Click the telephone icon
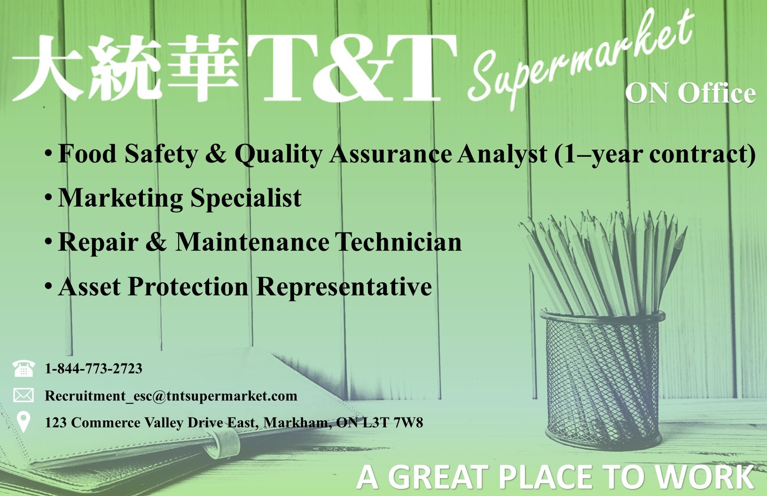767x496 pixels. (23, 368)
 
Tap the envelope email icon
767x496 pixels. (23, 395)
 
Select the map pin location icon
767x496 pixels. (23, 422)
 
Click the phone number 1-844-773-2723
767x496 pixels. (94, 369)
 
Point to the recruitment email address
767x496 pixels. (171, 396)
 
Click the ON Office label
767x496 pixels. (690, 93)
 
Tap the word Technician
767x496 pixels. (398, 242)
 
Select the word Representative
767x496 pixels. (344, 287)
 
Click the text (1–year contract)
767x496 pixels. (655, 154)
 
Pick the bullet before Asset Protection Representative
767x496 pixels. (48, 286)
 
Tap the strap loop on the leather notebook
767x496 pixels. (224, 442)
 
